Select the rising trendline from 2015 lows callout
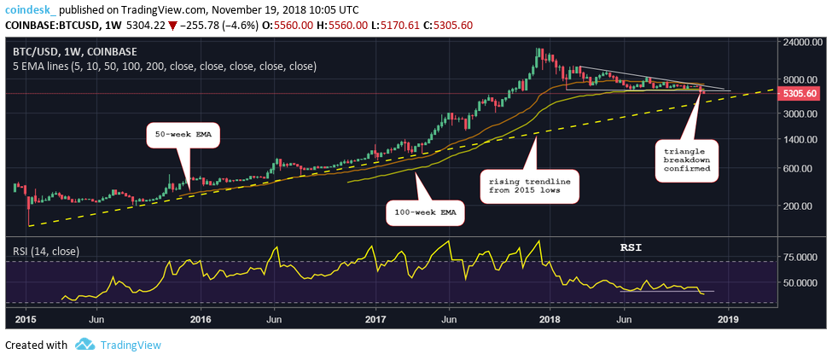529,188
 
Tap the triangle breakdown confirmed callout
688,162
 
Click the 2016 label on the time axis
201,319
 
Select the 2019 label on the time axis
727,319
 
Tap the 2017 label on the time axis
376,319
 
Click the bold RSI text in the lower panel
631,247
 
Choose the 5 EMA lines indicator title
164,66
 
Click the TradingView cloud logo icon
84,345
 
